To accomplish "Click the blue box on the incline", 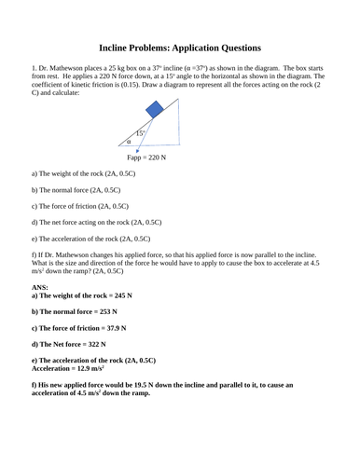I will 156,110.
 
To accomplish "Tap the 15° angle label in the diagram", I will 140,133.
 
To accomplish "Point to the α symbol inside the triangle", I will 130,142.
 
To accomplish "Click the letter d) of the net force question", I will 35,223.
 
